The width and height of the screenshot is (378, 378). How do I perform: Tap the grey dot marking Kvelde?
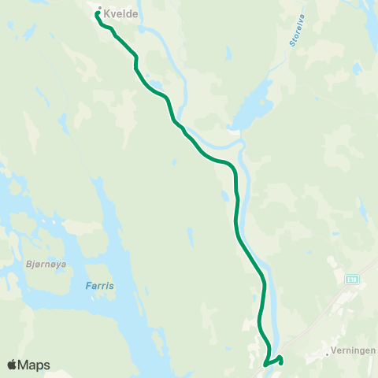coord(100,10)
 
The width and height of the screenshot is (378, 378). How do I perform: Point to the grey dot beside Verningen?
coord(327,354)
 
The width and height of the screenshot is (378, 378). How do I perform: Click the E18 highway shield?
coord(352,280)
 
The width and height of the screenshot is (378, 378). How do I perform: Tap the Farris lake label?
coord(99,286)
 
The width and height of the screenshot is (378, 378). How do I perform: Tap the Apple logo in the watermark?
coord(13,365)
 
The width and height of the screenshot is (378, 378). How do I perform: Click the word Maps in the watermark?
coord(35,365)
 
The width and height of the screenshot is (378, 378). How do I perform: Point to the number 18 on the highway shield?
coord(354,280)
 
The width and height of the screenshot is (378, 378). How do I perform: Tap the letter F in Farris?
coord(88,286)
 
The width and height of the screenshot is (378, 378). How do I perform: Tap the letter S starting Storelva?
coord(292,44)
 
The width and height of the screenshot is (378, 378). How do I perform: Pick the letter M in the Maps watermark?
coord(25,365)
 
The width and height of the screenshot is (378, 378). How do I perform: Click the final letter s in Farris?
coord(111,286)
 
